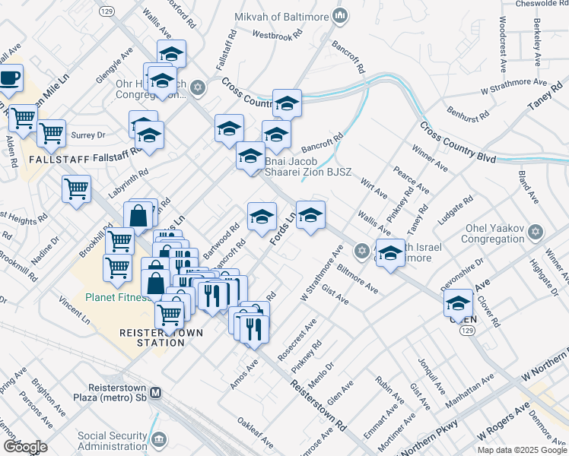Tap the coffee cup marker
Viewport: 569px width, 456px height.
click(x=9, y=78)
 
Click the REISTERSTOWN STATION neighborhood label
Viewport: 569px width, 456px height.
click(x=151, y=337)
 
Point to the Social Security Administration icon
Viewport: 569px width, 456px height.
click(x=160, y=439)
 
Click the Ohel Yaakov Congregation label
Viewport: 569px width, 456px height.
click(x=484, y=235)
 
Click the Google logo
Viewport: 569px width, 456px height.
click(x=25, y=447)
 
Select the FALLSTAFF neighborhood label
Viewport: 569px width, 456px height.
click(x=27, y=161)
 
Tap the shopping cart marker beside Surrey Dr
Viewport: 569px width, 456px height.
click(x=51, y=134)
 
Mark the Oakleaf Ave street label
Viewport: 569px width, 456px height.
click(x=255, y=432)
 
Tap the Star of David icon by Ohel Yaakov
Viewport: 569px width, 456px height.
click(x=535, y=231)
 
